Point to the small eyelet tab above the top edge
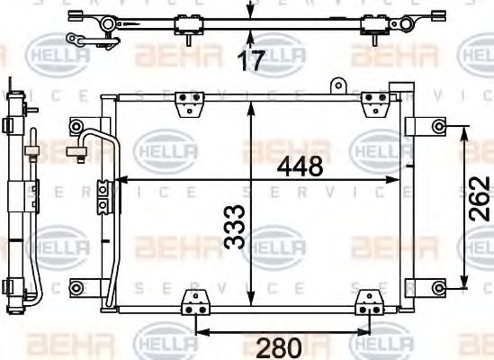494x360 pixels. (339, 86)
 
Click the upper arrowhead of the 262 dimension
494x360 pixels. (463, 130)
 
